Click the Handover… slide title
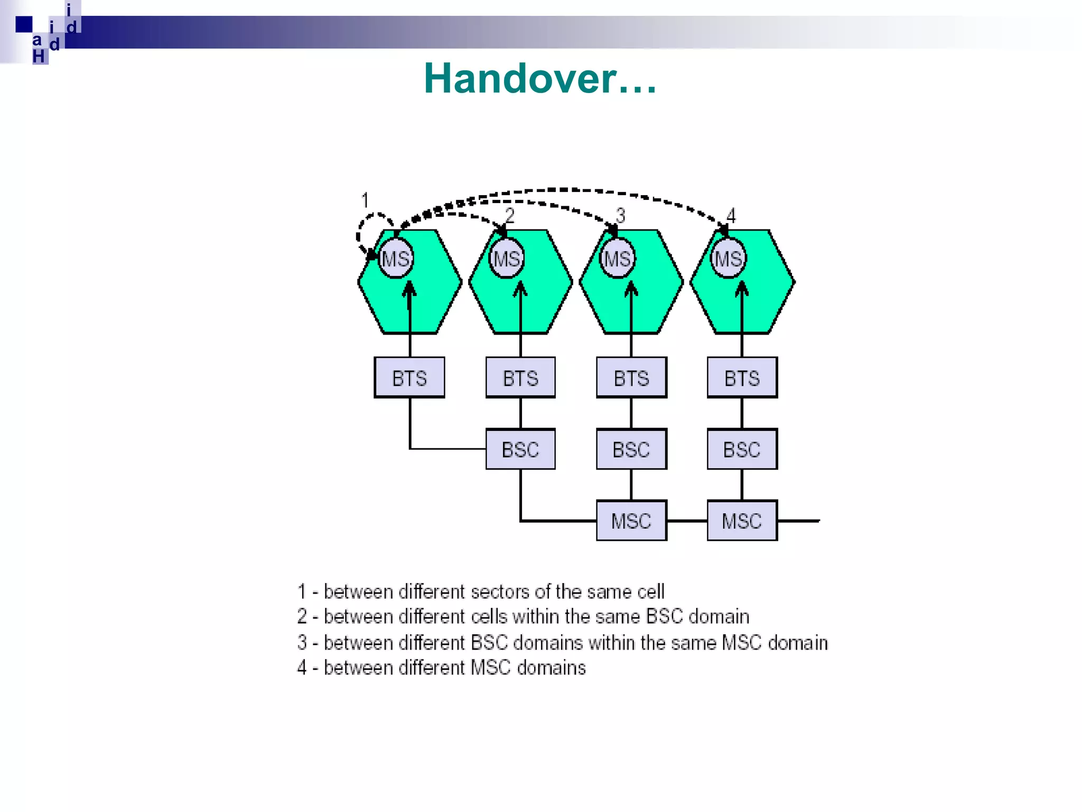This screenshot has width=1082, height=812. coord(540,78)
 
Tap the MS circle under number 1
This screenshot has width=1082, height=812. coord(395,259)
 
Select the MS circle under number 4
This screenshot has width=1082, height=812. coord(728,259)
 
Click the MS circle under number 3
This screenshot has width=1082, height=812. coord(617,259)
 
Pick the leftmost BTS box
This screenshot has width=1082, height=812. coord(409,377)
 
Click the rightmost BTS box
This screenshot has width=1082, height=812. coord(742,377)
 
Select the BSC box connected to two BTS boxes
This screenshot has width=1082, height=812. coord(520,449)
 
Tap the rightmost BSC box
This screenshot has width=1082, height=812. coord(742,449)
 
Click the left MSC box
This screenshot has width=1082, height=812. coord(631,521)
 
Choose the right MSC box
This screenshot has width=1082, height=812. coord(742,521)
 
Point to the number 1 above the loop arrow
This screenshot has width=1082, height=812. coord(365,200)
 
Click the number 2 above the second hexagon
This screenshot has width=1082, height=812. coord(509,215)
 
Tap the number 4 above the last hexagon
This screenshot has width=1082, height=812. coord(731,215)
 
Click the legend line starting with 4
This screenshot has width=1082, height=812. coord(442,668)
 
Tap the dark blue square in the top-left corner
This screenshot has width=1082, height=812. coord(24,24)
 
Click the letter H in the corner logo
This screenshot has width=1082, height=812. coord(39,56)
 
